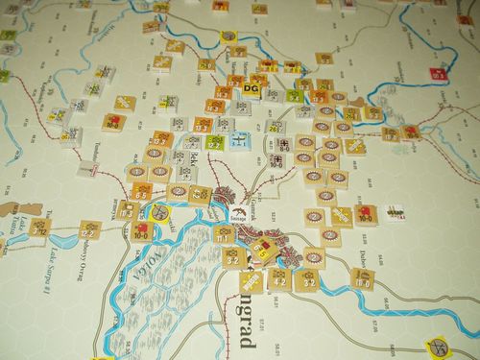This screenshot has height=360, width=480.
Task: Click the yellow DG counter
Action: coord(251,89)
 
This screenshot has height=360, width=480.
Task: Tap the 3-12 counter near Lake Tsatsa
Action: coord(40,227)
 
